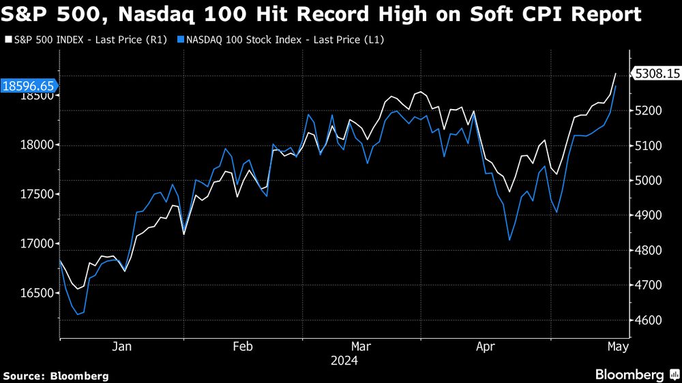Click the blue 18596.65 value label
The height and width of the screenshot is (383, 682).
[x=29, y=86]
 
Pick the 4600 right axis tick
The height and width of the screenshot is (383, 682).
[x=648, y=320]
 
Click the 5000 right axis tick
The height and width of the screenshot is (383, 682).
[x=648, y=181]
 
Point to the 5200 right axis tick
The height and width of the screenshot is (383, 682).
[x=648, y=110]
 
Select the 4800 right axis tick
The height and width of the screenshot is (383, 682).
[x=648, y=250]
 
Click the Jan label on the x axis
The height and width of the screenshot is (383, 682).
[x=121, y=347]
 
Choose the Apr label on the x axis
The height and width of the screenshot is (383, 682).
[x=485, y=347]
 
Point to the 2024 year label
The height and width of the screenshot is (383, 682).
[x=344, y=359]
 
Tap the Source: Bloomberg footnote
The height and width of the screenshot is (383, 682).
[x=56, y=376]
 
